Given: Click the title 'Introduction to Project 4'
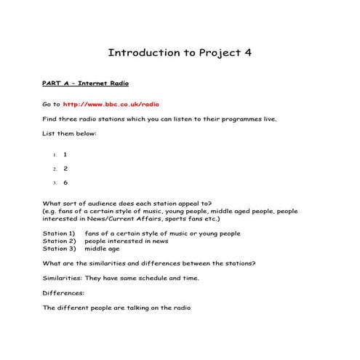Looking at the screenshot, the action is coord(180,53).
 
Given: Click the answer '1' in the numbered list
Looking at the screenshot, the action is coord(65,154).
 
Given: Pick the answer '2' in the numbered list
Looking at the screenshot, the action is coord(65,168).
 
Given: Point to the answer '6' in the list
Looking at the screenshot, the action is coord(65,183).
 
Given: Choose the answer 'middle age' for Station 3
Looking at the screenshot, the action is coord(103,248).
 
